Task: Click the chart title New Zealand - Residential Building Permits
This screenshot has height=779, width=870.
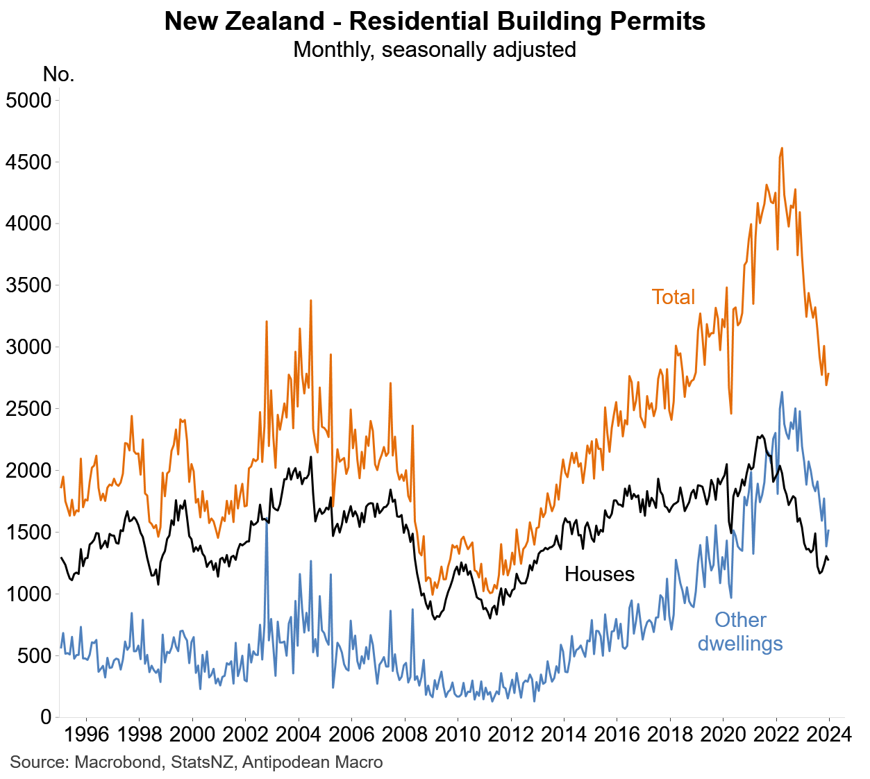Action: pyautogui.click(x=435, y=22)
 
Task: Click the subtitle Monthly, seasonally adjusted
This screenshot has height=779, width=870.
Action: pyautogui.click(x=435, y=50)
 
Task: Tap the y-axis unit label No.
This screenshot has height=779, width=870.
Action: pyautogui.click(x=58, y=74)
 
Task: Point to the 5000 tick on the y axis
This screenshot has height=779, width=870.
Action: pyautogui.click(x=28, y=100)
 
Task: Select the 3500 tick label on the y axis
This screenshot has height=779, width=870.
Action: pyautogui.click(x=28, y=285)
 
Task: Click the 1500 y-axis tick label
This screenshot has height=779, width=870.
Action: pyautogui.click(x=28, y=533)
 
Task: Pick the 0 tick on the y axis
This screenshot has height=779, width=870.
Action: pyautogui.click(x=46, y=717)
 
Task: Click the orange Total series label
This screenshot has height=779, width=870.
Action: pyautogui.click(x=673, y=297)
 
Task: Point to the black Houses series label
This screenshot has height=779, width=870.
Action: pyautogui.click(x=599, y=574)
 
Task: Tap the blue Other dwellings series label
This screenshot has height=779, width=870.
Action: pyautogui.click(x=740, y=632)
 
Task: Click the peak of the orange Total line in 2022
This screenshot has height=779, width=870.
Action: pyautogui.click(x=782, y=148)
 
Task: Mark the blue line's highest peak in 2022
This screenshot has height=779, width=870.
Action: pyautogui.click(x=782, y=392)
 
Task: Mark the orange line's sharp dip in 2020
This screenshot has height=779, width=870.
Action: pyautogui.click(x=731, y=413)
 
